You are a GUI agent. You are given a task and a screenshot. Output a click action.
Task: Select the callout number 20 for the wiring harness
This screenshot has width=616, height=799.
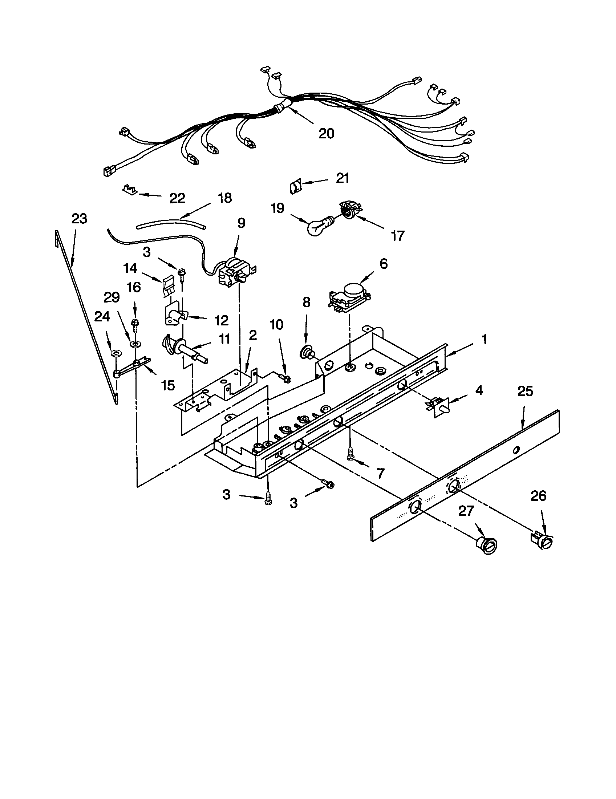coord(326,134)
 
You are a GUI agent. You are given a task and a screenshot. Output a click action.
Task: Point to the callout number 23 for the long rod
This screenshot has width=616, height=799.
coord(79,219)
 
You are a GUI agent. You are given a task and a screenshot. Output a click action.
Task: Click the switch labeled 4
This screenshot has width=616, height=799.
coord(437,406)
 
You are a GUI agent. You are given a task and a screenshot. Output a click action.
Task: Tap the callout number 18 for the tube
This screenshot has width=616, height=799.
coord(224,198)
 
